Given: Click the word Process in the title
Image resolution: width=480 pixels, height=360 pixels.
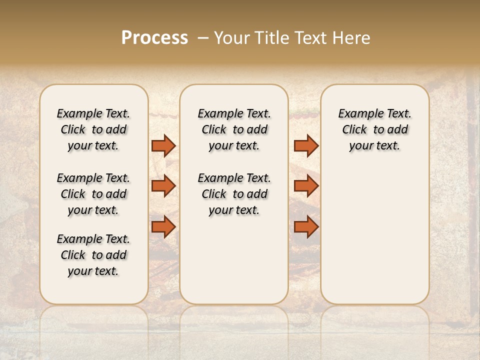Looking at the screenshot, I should tap(154, 38).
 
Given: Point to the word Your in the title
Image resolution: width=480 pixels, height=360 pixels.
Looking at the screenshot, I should tap(232, 38).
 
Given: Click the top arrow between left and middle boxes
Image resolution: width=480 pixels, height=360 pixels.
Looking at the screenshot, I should tap(163, 145).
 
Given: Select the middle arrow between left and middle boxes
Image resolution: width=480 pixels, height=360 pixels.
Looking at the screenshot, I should tap(163, 186).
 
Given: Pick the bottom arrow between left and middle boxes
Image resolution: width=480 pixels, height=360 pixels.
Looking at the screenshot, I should tap(163, 226).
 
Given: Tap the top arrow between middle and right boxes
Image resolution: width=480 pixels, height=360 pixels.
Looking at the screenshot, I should tap(306, 145).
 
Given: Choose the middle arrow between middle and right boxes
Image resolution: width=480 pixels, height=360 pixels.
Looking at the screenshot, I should tap(306, 186).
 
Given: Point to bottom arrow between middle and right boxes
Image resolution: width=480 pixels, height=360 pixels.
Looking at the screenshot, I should tap(306, 226).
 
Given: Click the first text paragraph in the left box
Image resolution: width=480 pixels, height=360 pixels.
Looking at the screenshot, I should tap(93, 129).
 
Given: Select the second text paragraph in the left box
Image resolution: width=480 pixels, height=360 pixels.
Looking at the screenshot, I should tap(93, 194).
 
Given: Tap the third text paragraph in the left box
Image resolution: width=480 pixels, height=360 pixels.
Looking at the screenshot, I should tap(93, 255).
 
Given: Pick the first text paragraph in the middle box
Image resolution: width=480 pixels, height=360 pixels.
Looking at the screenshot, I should tap(234, 129).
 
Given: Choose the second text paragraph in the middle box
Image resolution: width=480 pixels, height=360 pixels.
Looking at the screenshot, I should tap(234, 194).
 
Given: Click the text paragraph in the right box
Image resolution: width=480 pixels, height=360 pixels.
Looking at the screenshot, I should tap(374, 129).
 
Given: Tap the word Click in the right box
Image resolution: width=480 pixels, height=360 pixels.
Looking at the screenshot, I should tap(354, 130).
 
